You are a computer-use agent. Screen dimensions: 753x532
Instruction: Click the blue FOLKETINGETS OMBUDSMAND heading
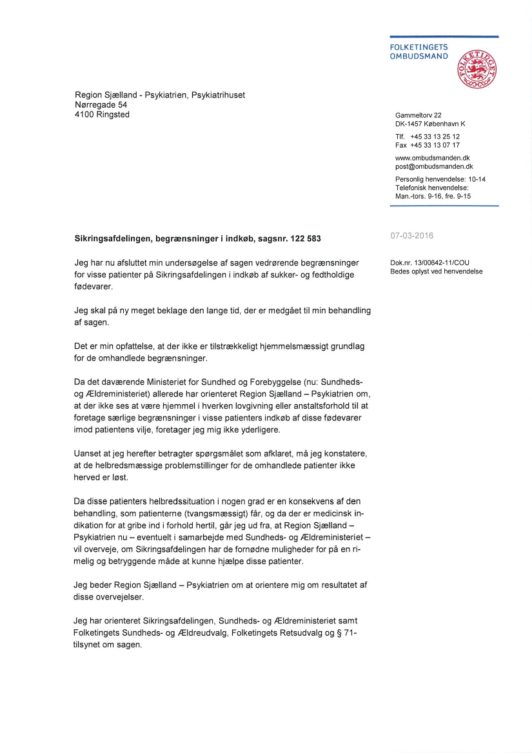pyautogui.click(x=419, y=52)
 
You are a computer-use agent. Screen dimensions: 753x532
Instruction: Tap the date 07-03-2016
pyautogui.click(x=411, y=236)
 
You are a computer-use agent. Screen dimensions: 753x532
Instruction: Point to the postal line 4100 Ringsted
pyautogui.click(x=102, y=115)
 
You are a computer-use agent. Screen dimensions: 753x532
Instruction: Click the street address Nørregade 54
pyautogui.click(x=101, y=105)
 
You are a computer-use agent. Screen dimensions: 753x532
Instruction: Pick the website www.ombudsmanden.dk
pyautogui.click(x=432, y=158)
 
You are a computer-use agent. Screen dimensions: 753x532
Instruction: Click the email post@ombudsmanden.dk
pyautogui.click(x=434, y=166)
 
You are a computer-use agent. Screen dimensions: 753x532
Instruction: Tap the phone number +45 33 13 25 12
pyautogui.click(x=435, y=137)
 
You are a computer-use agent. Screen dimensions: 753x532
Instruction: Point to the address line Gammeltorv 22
pyautogui.click(x=418, y=115)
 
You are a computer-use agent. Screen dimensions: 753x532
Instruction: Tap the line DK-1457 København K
pyautogui.click(x=430, y=124)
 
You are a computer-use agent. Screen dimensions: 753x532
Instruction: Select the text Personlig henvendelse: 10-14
pyautogui.click(x=440, y=179)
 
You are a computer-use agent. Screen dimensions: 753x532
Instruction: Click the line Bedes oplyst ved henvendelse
pyautogui.click(x=436, y=271)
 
